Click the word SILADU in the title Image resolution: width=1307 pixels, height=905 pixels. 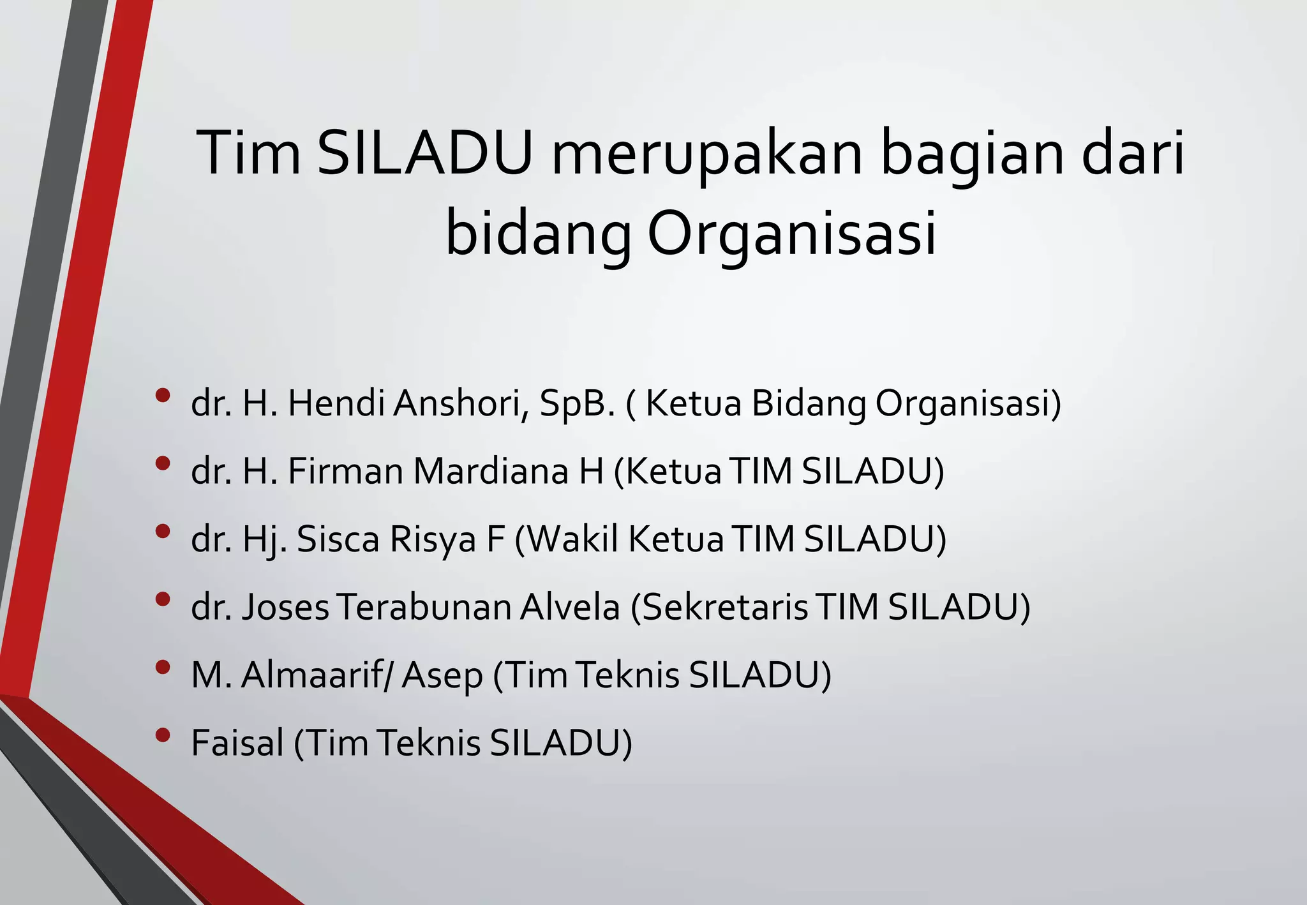424,154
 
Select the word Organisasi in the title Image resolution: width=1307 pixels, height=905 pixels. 792,233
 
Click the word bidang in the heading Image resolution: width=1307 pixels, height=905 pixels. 537,233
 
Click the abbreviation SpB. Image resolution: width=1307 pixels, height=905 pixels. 577,405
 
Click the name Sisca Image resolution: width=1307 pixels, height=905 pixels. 338,539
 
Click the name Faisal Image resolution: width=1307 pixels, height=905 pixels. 237,743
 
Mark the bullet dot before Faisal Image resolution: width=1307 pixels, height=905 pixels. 163,735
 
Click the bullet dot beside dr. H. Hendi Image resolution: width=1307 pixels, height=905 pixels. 163,396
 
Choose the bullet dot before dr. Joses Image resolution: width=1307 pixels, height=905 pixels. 163,599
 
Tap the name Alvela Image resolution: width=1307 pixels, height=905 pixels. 569,607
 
